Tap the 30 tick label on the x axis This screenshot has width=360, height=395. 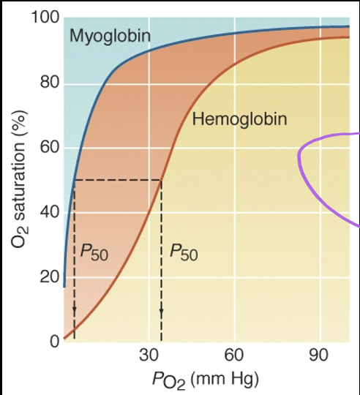149,356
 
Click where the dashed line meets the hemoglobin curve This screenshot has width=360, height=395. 161,180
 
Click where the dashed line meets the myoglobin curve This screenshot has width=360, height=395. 75,180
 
